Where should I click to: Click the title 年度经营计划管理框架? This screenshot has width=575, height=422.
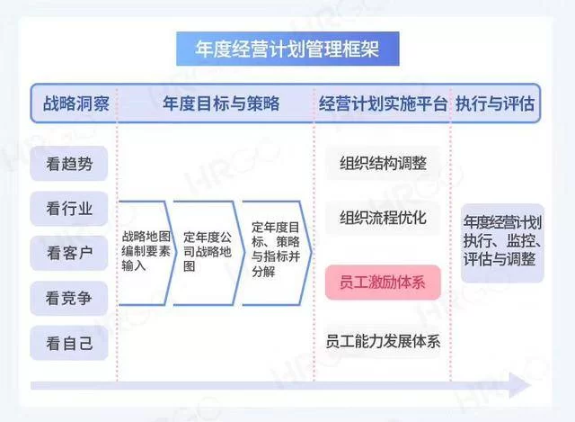(287, 49)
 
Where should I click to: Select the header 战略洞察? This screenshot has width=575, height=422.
(75, 103)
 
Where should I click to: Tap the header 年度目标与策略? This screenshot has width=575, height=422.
(221, 103)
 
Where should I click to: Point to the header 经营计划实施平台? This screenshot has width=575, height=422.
(383, 103)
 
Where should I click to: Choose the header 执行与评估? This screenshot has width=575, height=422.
(495, 103)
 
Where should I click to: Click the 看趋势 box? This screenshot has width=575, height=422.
(69, 164)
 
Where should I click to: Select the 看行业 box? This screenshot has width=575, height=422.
(69, 209)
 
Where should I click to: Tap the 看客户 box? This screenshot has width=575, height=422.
(69, 254)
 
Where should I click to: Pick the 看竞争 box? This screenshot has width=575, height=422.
(69, 298)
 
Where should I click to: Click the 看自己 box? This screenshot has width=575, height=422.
(69, 344)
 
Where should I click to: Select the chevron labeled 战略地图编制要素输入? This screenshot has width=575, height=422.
(146, 253)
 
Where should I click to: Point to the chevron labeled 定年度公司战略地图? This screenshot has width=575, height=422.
(207, 253)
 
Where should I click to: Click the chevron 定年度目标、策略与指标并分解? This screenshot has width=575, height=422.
(276, 253)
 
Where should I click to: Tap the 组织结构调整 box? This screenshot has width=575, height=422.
(383, 163)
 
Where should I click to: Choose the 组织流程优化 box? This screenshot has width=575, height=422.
(383, 218)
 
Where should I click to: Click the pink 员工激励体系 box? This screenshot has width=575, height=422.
(383, 283)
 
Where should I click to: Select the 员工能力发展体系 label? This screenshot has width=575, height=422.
(383, 341)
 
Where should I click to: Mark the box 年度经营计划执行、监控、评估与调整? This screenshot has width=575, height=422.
(502, 243)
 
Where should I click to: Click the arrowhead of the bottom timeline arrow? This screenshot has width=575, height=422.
(520, 385)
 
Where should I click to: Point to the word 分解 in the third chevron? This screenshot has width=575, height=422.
(263, 272)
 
